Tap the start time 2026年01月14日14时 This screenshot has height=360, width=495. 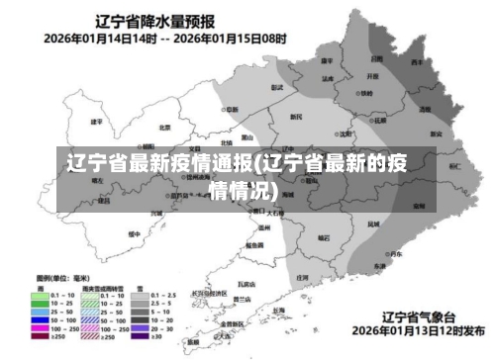[96, 40]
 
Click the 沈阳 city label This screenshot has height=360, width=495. [344, 132]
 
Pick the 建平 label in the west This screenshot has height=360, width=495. [96, 122]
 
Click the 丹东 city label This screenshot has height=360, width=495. [394, 254]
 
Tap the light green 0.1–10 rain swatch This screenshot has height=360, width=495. [41, 294]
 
